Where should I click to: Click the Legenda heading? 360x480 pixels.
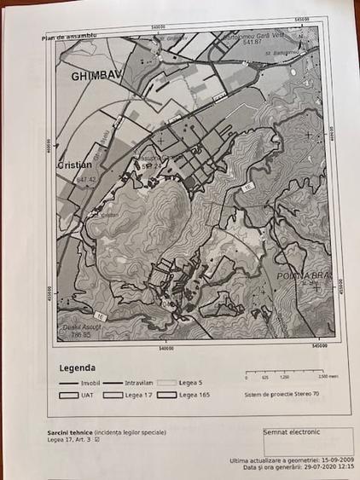click(x=78, y=368)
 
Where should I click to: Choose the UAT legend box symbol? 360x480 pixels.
click(x=68, y=395)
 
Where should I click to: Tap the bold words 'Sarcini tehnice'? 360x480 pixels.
click(x=70, y=433)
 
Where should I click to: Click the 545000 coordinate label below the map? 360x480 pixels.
click(x=321, y=347)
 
